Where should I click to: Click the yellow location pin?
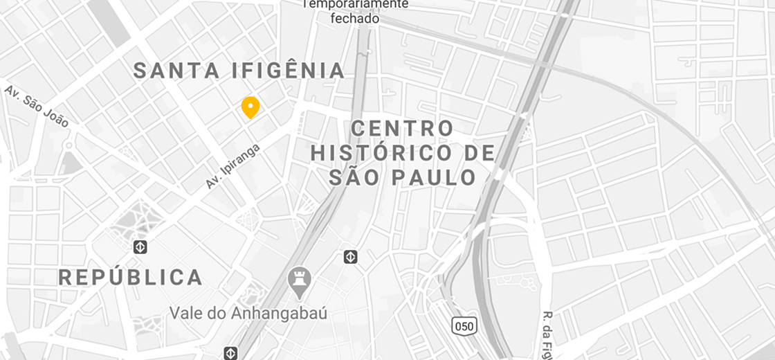[x=250, y=107]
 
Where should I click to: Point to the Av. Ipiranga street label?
[x=232, y=166]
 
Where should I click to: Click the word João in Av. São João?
[x=56, y=116]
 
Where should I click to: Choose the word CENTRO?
[x=402, y=129]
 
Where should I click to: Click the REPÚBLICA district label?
[x=130, y=278]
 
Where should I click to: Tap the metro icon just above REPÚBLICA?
[x=140, y=246]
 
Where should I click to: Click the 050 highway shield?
[x=464, y=325]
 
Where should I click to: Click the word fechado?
[x=355, y=19]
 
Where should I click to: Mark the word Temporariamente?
[x=356, y=4]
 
